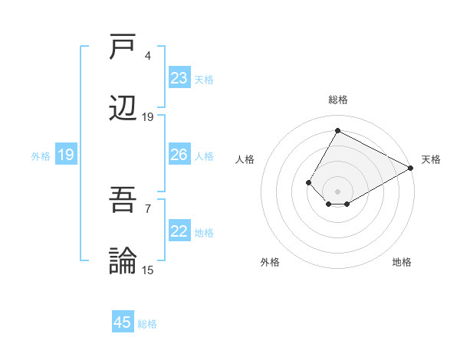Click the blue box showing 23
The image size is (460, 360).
point(179,78)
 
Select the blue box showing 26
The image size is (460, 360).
point(179,155)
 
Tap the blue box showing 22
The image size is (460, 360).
point(179,231)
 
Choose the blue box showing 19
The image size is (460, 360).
point(66,155)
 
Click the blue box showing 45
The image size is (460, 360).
point(123,322)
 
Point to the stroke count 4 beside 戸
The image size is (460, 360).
point(148,56)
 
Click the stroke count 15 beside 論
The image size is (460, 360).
point(148,270)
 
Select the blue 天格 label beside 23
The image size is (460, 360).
point(204,79)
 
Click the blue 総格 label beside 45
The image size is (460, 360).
point(147,323)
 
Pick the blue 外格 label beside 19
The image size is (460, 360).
point(41,155)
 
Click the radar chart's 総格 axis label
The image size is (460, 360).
point(337,100)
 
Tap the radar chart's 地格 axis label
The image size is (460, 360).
point(402,262)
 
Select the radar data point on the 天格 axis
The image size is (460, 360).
point(410,168)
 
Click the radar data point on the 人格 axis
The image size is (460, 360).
point(308,182)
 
